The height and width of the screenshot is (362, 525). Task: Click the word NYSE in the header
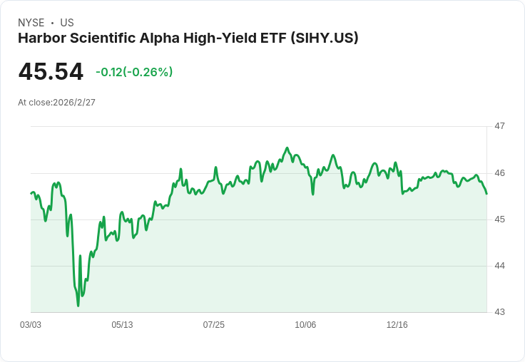31,23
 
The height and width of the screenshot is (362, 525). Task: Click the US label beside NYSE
67,23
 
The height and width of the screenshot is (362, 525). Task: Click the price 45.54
51,72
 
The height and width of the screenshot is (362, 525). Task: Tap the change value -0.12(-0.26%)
134,72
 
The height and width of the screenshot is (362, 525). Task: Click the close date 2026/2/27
74,103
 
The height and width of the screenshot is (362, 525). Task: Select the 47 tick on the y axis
499,126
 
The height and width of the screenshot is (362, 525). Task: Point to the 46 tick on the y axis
499,173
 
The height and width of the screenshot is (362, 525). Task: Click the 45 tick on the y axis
499,219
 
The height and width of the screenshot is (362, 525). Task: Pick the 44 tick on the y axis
499,266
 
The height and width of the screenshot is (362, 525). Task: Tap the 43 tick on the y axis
499,312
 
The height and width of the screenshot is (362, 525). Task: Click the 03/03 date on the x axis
31,325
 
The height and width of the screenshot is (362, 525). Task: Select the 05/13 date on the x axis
122,325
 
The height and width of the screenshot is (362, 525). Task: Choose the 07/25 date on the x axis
213,325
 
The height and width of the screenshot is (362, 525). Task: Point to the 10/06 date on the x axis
305,325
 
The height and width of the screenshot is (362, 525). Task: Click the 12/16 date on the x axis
397,325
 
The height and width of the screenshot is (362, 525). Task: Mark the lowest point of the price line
78,306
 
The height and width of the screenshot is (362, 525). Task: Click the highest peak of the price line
287,148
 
